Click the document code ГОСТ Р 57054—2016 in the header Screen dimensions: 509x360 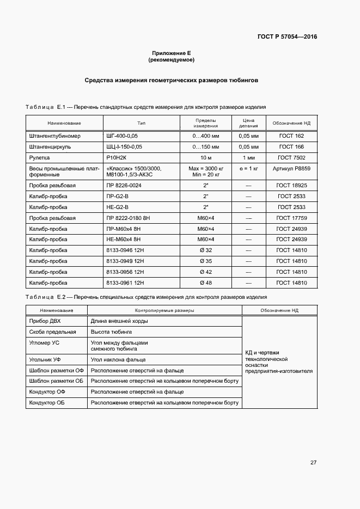click(x=287, y=37)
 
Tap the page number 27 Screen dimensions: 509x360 click(x=313, y=463)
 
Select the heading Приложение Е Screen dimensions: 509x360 click(x=171, y=53)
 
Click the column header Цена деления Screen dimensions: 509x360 click(x=248, y=122)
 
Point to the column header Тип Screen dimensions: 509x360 click(x=142, y=123)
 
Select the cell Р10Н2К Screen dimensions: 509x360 click(x=117, y=158)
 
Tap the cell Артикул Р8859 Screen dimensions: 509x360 click(x=291, y=169)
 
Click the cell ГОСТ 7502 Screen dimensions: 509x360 click(x=291, y=158)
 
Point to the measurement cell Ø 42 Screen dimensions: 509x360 click(x=206, y=272)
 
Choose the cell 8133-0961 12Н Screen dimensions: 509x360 click(x=125, y=283)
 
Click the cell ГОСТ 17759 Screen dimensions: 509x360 click(x=291, y=218)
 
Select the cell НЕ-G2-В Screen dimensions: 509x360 click(x=118, y=207)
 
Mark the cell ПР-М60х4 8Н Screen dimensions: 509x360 click(x=124, y=229)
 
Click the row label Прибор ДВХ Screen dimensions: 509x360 click(x=44, y=321)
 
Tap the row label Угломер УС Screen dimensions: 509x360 click(x=44, y=343)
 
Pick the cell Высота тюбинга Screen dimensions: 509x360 click(x=111, y=332)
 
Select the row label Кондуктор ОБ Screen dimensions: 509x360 click(x=48, y=403)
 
